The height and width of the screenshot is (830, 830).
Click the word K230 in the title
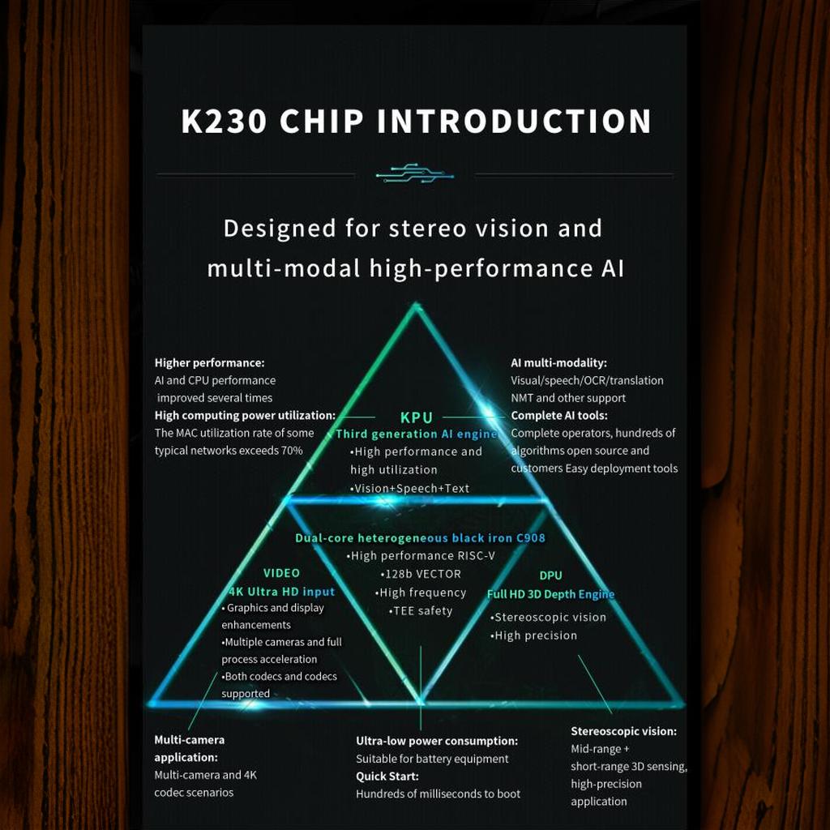224,122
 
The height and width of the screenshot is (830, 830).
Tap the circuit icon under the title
414,173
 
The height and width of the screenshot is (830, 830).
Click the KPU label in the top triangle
417,417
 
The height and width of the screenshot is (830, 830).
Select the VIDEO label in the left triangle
281,573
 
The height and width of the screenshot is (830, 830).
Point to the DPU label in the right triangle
550,575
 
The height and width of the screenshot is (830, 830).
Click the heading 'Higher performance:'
210,362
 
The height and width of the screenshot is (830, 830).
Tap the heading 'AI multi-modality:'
559,362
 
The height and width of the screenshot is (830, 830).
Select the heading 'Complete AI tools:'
559,416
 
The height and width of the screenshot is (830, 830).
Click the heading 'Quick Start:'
387,776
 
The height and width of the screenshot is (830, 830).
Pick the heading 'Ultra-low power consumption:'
437,741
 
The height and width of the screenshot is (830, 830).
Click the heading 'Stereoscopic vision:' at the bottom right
623,731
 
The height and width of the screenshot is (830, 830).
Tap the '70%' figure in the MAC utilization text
292,451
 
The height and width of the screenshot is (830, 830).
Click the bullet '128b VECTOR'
421,575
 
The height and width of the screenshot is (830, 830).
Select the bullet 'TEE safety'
421,611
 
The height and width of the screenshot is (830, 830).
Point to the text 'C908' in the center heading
531,538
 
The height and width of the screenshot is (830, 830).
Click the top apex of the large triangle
416,304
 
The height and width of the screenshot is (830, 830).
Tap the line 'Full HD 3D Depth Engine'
550,594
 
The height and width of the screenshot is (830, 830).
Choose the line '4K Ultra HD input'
281,592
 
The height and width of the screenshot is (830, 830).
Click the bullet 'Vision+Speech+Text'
409,489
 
